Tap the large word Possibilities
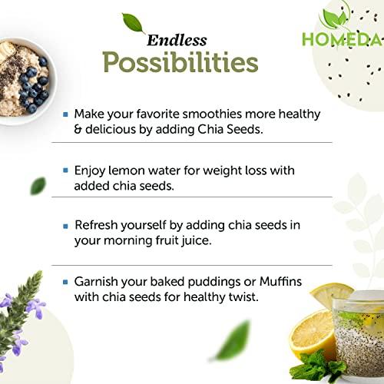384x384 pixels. coord(180,62)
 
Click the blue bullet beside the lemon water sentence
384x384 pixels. coord(67,170)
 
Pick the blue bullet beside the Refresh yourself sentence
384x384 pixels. coord(67,227)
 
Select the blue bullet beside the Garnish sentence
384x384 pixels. coord(67,283)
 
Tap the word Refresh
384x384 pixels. coord(98,227)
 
